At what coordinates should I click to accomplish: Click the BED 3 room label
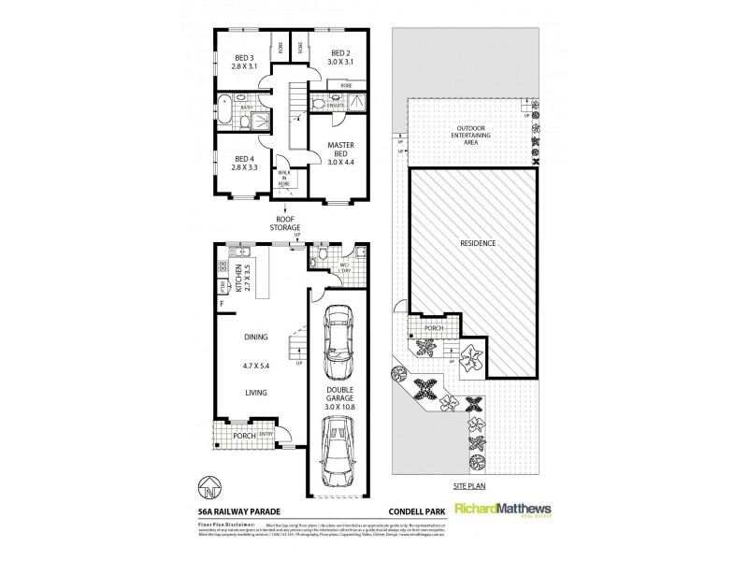coord(246,60)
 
